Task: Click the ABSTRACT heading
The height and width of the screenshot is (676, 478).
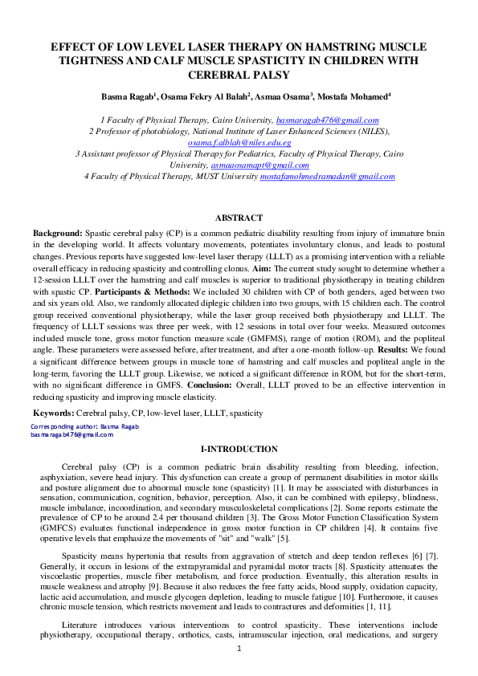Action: [239, 218]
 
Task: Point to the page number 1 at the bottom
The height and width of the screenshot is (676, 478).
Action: [239, 648]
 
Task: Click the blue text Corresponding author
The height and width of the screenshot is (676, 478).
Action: [63, 425]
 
